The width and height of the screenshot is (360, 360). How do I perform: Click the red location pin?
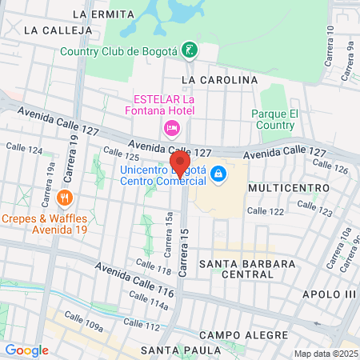[180, 165]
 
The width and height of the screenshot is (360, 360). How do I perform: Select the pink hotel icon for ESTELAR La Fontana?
[171, 127]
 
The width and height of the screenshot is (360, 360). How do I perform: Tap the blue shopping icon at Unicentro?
[218, 171]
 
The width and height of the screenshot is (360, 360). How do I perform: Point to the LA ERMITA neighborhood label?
[100, 14]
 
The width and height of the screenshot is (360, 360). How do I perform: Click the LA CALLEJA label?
[54, 30]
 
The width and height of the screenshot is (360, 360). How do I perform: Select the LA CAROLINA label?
[220, 80]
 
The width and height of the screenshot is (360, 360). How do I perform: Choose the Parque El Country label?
[274, 118]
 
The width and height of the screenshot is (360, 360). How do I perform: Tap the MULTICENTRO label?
[289, 187]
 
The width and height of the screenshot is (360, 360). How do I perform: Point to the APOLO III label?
[327, 294]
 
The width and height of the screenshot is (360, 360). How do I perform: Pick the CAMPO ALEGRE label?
[231, 334]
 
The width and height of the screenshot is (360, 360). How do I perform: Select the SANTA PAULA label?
[181, 350]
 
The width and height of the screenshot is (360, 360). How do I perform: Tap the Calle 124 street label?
[23, 150]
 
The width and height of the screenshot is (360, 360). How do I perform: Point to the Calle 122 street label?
[266, 210]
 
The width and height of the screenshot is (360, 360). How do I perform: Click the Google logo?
[27, 350]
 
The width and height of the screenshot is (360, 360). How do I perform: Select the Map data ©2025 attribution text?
[325, 354]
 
